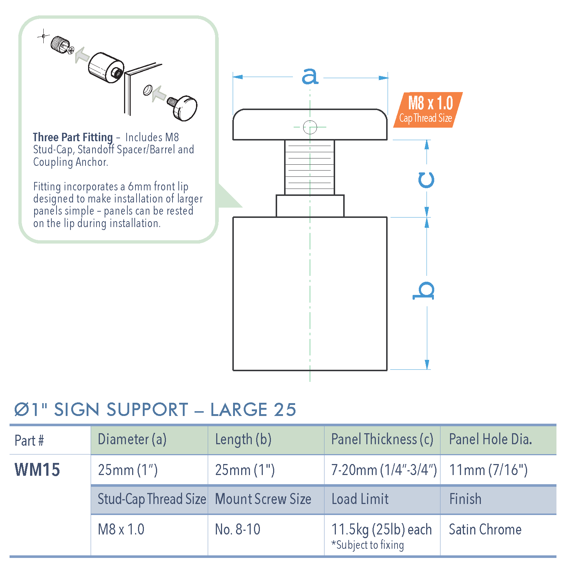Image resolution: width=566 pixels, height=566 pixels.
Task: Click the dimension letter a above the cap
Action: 309,76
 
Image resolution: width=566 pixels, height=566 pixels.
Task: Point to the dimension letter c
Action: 426,180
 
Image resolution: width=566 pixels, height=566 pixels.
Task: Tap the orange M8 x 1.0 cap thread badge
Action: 428,110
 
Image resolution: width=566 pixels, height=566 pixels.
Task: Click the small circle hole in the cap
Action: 310,127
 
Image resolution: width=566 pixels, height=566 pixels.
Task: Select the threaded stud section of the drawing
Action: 309,167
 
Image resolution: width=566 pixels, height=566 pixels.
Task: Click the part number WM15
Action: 37,470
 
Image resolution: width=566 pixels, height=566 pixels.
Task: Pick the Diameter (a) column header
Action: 132,439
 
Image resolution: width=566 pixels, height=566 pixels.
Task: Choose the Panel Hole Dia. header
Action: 490,439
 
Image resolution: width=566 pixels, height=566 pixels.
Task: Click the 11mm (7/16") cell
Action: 488,470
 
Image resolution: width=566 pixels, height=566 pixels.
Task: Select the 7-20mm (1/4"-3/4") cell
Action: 384,470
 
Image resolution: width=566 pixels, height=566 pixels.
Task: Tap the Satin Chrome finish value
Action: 485,529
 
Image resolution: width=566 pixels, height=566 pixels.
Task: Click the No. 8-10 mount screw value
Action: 237,529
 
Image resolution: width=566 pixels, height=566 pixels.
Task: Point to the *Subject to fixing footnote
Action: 367,545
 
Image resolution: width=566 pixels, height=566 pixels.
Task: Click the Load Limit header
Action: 360,499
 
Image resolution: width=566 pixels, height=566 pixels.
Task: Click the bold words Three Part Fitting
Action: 73,137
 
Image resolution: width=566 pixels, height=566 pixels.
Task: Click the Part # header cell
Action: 29,441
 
